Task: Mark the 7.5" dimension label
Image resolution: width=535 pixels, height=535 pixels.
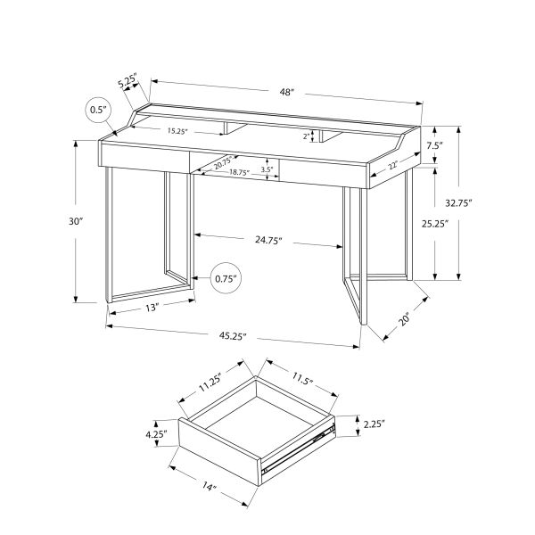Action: pos(434,145)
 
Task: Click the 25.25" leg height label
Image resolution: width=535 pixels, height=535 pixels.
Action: pos(460,224)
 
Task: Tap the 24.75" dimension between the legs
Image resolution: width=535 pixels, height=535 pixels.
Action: pos(267,241)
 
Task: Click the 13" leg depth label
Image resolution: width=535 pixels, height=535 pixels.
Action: pos(149,308)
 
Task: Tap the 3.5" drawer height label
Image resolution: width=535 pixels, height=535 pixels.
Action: pos(267,169)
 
